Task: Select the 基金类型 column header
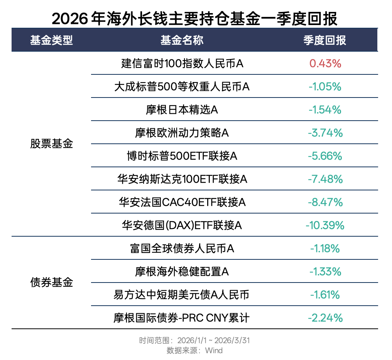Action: (51, 40)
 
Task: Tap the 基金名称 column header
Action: (182, 40)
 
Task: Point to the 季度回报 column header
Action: (325, 40)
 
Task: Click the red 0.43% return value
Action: (325, 64)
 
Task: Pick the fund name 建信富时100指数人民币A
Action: (182, 64)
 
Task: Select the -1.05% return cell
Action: (325, 87)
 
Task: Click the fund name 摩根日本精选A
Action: (182, 110)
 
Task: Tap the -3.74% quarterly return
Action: (325, 133)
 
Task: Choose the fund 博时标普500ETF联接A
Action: (182, 156)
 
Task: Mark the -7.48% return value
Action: (325, 179)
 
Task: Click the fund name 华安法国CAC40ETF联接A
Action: (182, 202)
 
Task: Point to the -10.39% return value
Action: (325, 225)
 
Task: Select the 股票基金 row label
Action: (51, 145)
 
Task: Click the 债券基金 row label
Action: (51, 283)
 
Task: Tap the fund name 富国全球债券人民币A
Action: (182, 249)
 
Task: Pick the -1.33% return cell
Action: (325, 272)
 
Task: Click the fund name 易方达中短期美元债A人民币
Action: (182, 295)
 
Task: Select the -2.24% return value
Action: (325, 318)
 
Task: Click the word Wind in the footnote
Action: (214, 350)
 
